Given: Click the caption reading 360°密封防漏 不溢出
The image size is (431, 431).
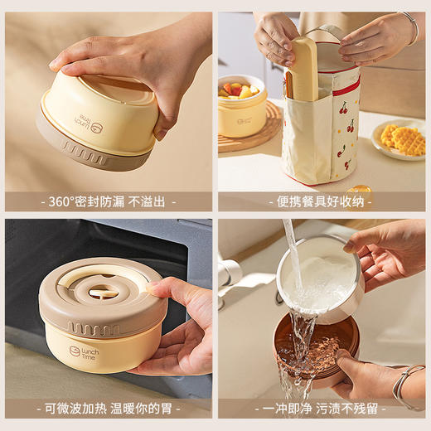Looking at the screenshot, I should [x=108, y=201].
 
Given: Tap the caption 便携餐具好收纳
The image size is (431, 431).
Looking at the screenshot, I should [x=322, y=201].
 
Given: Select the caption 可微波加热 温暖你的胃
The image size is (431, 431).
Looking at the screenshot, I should [x=108, y=408].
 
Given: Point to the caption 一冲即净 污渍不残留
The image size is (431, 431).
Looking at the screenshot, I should [x=322, y=408].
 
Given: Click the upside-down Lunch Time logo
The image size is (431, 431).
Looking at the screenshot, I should [x=88, y=121].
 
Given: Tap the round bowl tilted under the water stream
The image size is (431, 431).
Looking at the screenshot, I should [x=319, y=278].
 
